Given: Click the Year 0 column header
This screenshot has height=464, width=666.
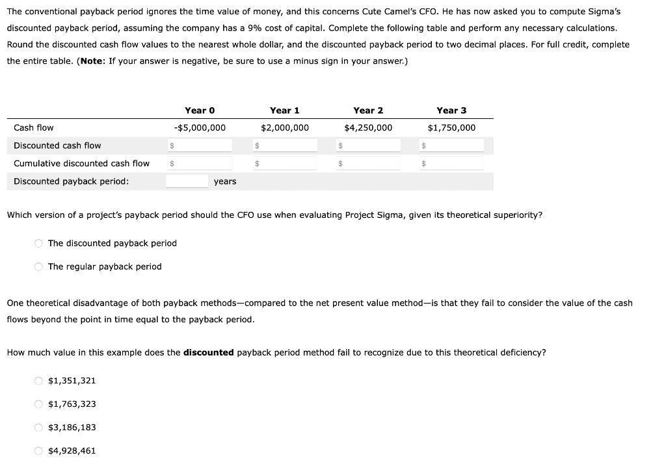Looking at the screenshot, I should (x=200, y=110).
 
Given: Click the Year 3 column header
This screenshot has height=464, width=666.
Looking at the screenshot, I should (x=451, y=110).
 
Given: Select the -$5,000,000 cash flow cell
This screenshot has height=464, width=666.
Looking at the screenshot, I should (x=200, y=128).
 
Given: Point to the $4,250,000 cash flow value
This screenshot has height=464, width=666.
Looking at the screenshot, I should (x=368, y=128).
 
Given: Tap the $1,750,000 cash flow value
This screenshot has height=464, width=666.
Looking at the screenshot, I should (x=451, y=128).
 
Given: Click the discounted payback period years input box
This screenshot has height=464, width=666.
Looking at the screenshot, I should (x=187, y=181).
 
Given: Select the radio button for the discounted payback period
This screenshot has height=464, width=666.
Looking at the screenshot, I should (x=39, y=244).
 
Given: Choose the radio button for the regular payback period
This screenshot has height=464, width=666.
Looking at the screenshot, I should (x=39, y=267).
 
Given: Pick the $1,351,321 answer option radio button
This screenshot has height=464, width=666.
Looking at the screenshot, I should (x=39, y=381).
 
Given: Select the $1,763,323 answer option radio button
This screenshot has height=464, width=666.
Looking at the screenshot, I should (x=39, y=404).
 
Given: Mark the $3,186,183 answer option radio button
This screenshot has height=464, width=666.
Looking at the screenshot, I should (x=39, y=428).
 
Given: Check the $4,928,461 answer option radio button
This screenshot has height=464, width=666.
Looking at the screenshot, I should (x=39, y=451).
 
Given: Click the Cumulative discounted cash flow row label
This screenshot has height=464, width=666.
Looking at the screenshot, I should (x=81, y=164).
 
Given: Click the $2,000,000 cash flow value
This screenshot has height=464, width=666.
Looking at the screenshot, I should (x=285, y=128).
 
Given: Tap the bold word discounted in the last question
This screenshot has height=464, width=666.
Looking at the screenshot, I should (x=208, y=353).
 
